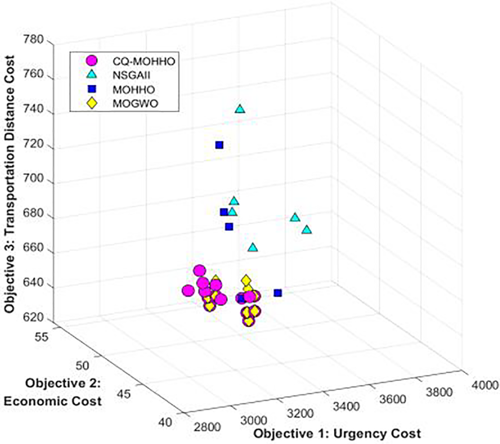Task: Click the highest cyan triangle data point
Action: (x=240, y=109)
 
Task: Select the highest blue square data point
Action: (x=219, y=145)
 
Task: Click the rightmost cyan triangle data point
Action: (x=307, y=229)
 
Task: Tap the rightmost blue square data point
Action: (x=278, y=293)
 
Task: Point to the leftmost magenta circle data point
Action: (x=188, y=290)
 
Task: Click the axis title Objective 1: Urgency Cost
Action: (x=338, y=434)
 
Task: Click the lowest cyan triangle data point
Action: (x=253, y=247)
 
